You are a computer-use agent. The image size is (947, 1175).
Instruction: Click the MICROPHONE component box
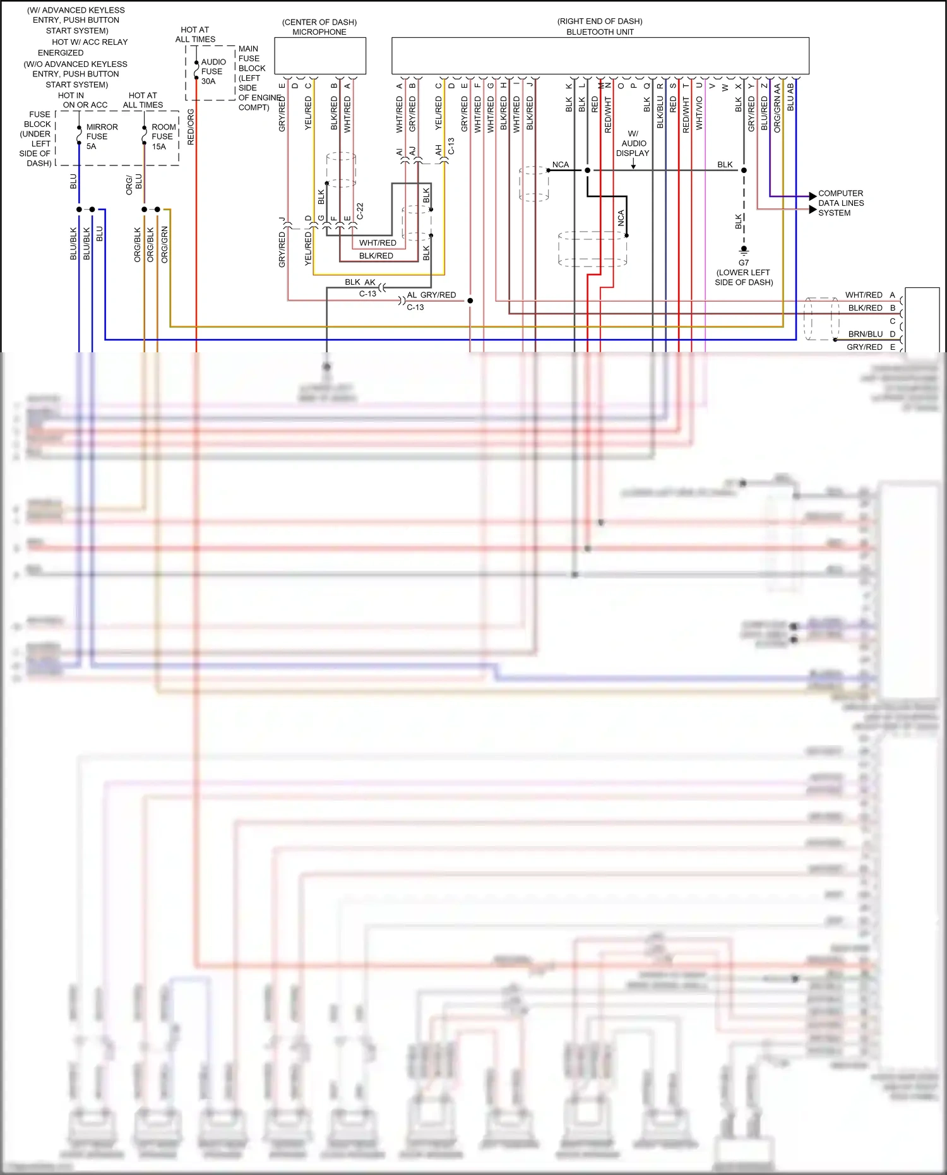click(320, 56)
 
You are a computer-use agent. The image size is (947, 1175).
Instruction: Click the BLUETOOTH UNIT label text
click(600, 32)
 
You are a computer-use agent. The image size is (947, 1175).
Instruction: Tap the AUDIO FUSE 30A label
click(212, 71)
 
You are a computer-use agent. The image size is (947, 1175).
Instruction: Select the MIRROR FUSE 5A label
click(101, 136)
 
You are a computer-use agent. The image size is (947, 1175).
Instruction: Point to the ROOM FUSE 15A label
click(163, 136)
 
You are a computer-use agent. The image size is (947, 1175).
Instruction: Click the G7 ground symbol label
click(744, 263)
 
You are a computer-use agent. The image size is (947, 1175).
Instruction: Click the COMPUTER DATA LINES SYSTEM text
click(840, 203)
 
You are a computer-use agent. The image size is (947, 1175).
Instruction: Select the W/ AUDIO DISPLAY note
click(633, 143)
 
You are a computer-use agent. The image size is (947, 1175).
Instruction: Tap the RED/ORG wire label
click(191, 127)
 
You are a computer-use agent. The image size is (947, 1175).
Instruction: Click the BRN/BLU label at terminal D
click(865, 334)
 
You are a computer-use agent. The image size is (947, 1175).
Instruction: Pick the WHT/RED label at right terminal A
click(864, 295)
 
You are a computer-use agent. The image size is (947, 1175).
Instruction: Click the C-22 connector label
click(360, 211)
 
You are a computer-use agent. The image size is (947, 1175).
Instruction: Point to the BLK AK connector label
click(360, 282)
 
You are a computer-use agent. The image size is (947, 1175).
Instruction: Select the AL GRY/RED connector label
click(431, 295)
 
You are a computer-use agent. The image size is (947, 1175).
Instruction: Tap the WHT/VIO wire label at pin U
click(699, 113)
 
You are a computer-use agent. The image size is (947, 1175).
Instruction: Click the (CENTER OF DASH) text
click(319, 22)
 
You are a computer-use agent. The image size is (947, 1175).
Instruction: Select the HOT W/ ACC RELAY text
click(90, 42)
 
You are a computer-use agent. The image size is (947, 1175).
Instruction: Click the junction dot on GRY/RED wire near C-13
click(470, 301)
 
